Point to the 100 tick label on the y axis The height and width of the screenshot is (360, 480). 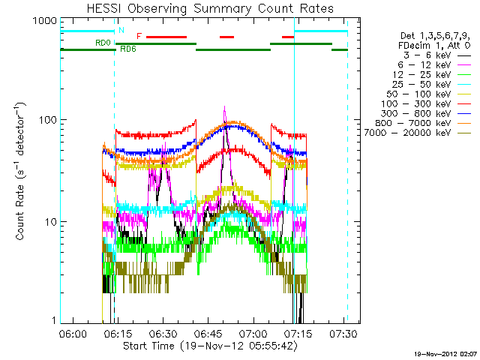(x=47, y=120)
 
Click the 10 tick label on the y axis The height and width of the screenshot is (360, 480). (x=50, y=222)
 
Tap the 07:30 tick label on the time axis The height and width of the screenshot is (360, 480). (x=343, y=332)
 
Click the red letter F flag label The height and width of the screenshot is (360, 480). (x=139, y=35)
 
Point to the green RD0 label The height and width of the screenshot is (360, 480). (x=103, y=43)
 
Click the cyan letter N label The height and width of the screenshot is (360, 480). (x=121, y=30)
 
